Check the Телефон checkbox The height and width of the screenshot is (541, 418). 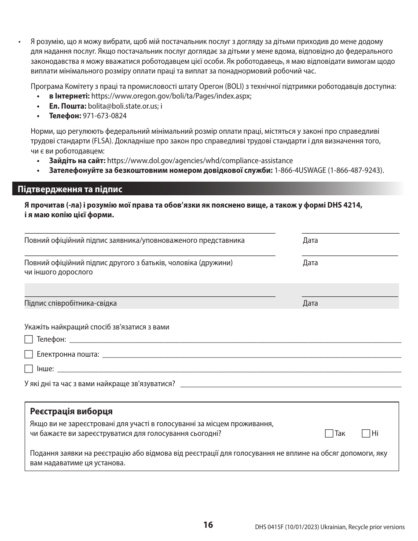coord(29,340)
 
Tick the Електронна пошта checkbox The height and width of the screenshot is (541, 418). coord(29,355)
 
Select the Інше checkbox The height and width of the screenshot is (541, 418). coord(29,369)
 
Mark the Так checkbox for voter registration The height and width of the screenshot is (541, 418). coord(329,434)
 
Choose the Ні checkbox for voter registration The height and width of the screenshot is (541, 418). coord(366,434)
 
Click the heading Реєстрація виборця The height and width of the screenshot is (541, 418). coord(71,412)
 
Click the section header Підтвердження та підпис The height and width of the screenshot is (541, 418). coord(70,190)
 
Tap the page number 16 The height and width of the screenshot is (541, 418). coord(208,525)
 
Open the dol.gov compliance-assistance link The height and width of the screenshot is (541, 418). coord(200,161)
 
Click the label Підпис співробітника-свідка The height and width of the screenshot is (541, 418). coord(70,303)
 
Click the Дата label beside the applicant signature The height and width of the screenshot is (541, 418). coord(310,241)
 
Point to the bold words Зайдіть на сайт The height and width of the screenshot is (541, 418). coord(77,161)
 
